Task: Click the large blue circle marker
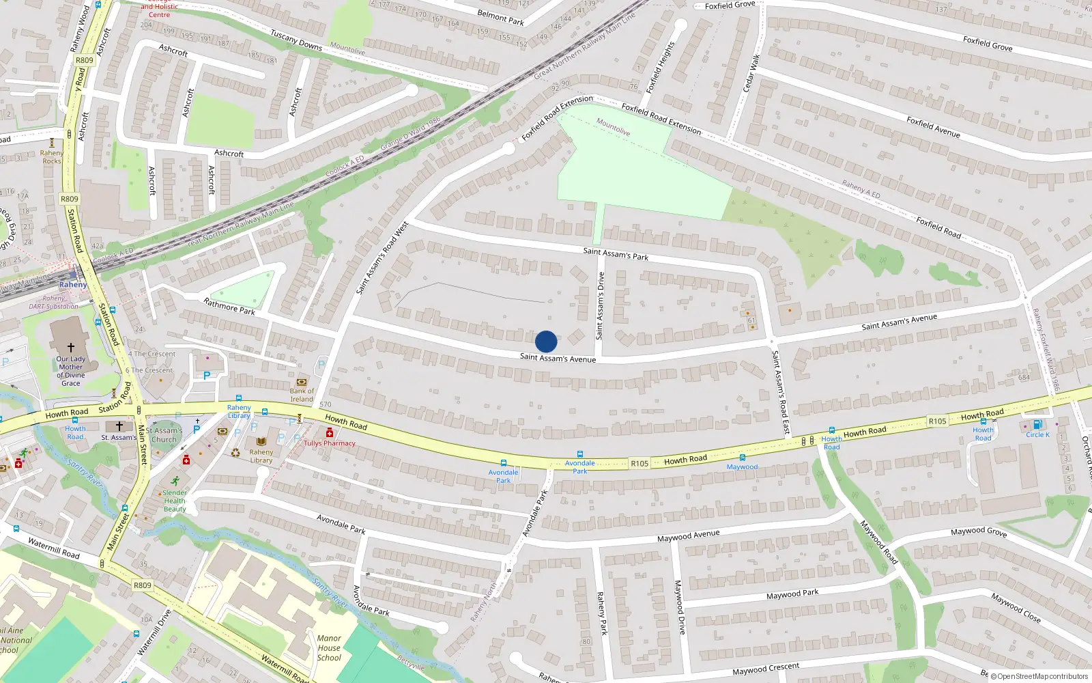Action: [x=546, y=341]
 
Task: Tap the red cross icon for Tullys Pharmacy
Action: [x=330, y=433]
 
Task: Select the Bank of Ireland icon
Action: [x=302, y=382]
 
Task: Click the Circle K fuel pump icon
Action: [x=1037, y=425]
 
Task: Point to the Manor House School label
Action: [x=329, y=648]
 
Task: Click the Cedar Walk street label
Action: [x=751, y=74]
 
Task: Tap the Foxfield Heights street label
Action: [x=660, y=67]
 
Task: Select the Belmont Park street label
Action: [x=500, y=18]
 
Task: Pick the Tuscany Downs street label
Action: [x=296, y=40]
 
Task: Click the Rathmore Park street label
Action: [x=229, y=306]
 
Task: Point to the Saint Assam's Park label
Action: [x=616, y=254]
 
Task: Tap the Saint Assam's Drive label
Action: [x=600, y=306]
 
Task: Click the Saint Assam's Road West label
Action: [x=382, y=258]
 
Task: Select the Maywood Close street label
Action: [x=1016, y=608]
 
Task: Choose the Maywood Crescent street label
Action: [x=765, y=669]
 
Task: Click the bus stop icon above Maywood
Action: [x=742, y=458]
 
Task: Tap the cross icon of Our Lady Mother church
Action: [x=70, y=348]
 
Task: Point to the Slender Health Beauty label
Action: [x=174, y=501]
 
